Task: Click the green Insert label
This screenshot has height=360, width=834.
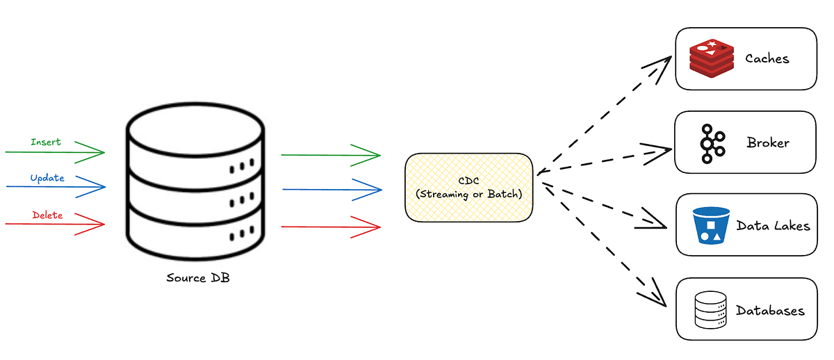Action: click(46, 142)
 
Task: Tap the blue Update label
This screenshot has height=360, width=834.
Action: click(47, 179)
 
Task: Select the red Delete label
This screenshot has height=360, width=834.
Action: click(47, 215)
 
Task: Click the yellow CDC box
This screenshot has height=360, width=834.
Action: click(468, 188)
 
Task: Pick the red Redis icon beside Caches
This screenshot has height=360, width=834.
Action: click(710, 58)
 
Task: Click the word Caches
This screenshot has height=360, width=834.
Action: click(767, 59)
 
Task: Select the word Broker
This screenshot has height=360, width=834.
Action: click(768, 143)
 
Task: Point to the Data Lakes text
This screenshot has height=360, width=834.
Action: click(773, 226)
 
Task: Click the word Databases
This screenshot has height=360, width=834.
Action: click(770, 311)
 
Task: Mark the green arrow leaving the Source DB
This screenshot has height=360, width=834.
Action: click(331, 155)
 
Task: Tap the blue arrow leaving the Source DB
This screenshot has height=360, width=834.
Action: click(332, 189)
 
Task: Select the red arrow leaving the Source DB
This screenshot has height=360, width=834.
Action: click(331, 227)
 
